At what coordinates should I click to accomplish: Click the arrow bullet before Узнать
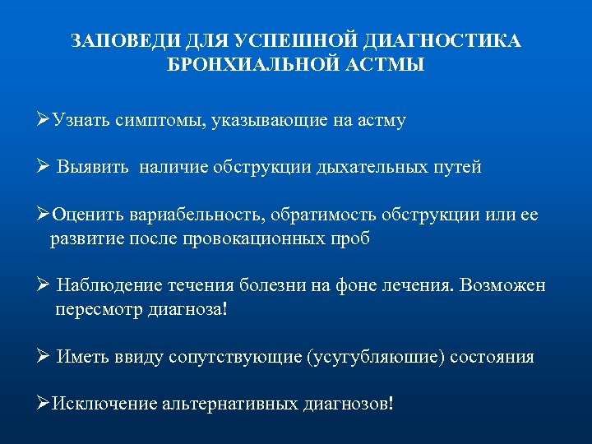click(x=44, y=121)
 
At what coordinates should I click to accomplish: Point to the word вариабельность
click(x=194, y=215)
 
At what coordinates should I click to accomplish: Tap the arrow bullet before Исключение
click(x=44, y=404)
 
